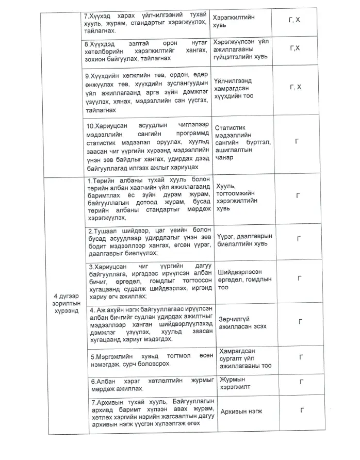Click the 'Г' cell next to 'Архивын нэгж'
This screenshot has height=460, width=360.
pos(300,410)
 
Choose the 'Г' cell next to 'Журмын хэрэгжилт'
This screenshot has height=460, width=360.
pos(300,382)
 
